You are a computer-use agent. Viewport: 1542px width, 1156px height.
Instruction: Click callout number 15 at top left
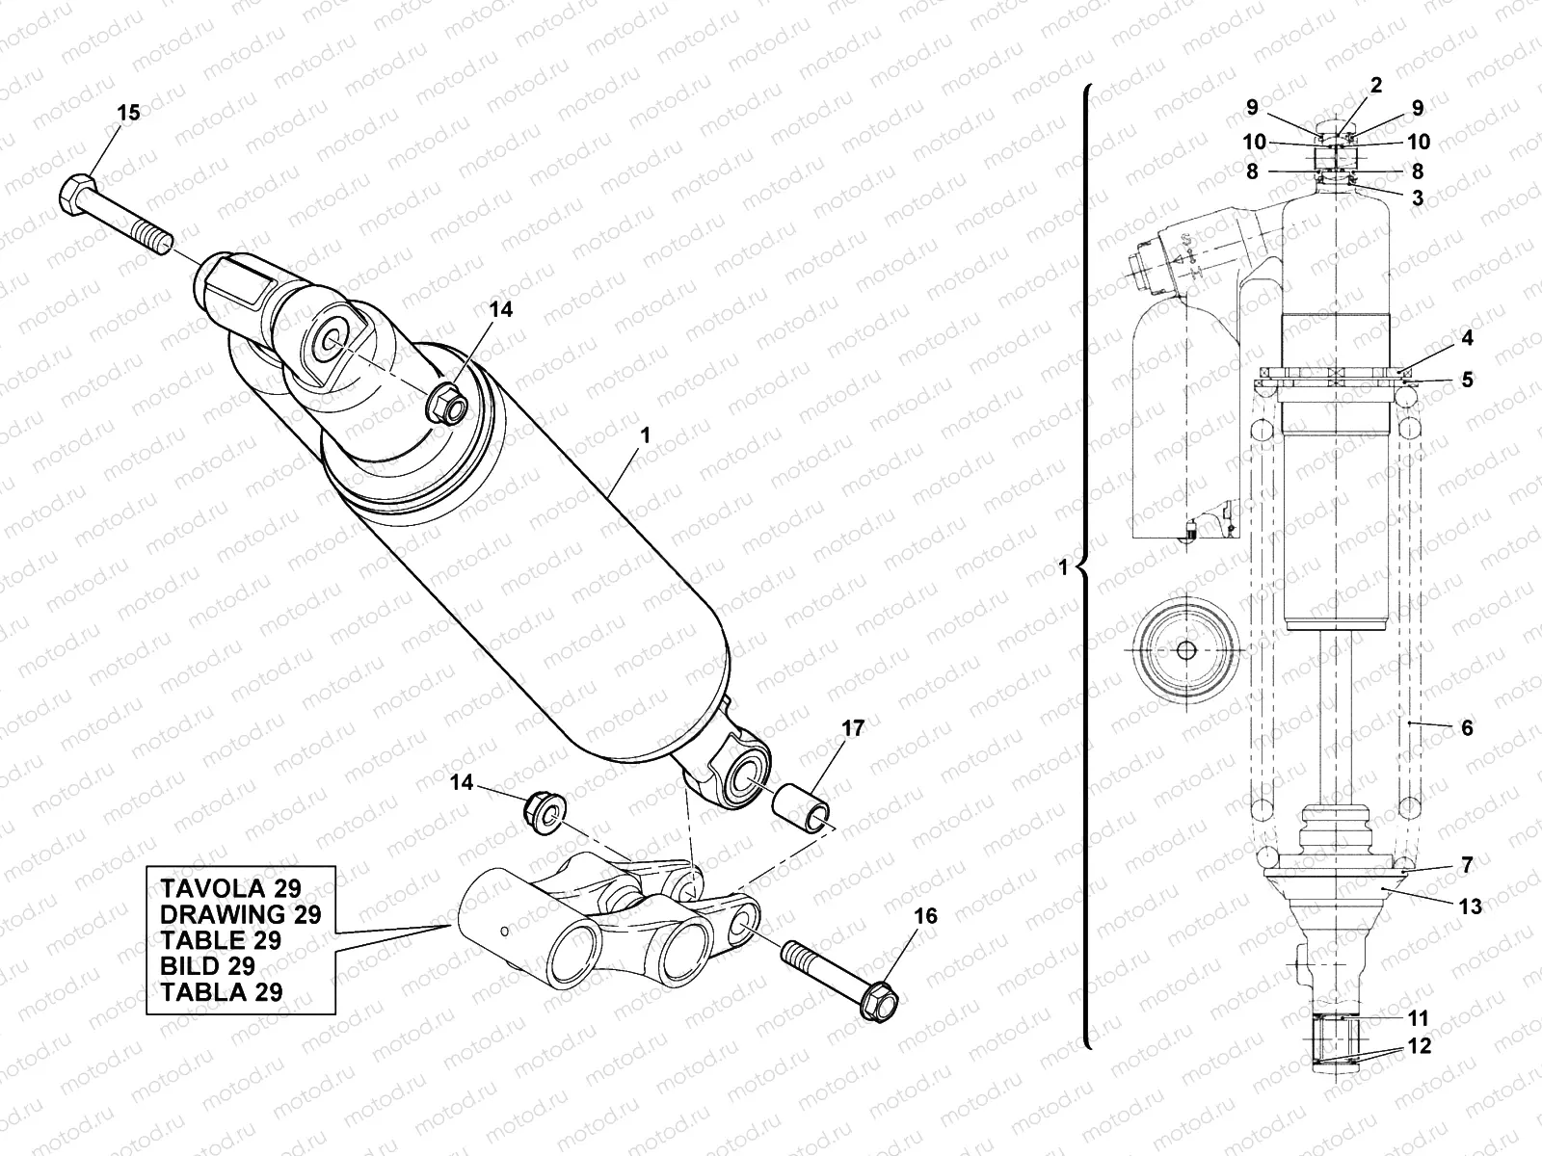click(x=128, y=113)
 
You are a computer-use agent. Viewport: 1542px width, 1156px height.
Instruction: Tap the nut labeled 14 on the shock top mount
click(x=446, y=404)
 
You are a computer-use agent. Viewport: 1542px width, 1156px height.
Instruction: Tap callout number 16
click(x=925, y=915)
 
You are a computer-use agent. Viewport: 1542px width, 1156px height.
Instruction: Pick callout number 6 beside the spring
click(x=1467, y=728)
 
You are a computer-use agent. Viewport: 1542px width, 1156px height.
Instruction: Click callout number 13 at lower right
click(x=1471, y=906)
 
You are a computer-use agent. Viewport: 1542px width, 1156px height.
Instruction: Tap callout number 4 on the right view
click(x=1466, y=339)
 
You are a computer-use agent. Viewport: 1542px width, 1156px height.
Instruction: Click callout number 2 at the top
click(x=1376, y=85)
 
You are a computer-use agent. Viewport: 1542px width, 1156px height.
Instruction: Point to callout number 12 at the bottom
click(x=1419, y=1046)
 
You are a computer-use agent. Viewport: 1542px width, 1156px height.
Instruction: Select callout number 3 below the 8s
click(x=1417, y=198)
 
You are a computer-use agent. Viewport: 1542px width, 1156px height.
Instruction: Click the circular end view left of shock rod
click(x=1185, y=650)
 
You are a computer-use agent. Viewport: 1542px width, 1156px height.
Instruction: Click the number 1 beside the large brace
click(x=1064, y=568)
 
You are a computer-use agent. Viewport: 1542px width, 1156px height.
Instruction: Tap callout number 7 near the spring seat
click(x=1467, y=865)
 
